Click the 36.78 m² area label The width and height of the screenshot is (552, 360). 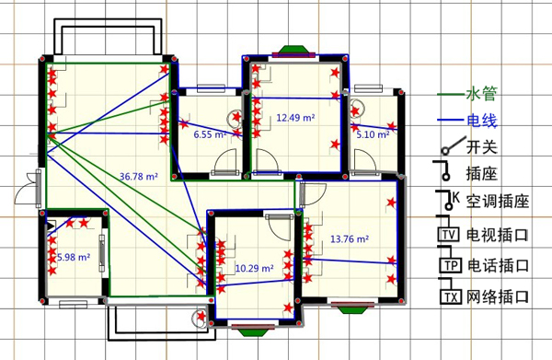[139, 176]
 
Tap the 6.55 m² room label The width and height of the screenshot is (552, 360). [210, 134]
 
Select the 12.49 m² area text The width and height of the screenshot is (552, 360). [295, 117]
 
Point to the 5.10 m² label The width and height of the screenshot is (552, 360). [373, 134]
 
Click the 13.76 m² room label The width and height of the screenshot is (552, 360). [350, 238]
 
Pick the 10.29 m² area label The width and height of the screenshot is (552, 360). [254, 269]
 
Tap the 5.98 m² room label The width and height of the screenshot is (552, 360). [74, 257]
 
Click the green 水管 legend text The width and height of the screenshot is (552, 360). [481, 94]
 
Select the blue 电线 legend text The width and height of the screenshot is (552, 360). [481, 121]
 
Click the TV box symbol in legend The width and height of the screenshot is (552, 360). [449, 235]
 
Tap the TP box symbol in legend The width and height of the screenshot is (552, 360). [450, 265]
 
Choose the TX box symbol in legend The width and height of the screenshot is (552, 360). [450, 297]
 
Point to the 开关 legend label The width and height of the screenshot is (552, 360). [481, 146]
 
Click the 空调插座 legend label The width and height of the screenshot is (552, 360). [498, 201]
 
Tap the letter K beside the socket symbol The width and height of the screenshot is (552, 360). [456, 197]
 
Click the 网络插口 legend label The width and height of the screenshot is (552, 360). [498, 296]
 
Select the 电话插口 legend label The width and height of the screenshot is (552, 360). [498, 265]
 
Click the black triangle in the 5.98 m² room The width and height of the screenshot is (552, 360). [52, 226]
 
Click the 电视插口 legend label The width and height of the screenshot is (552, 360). [498, 235]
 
